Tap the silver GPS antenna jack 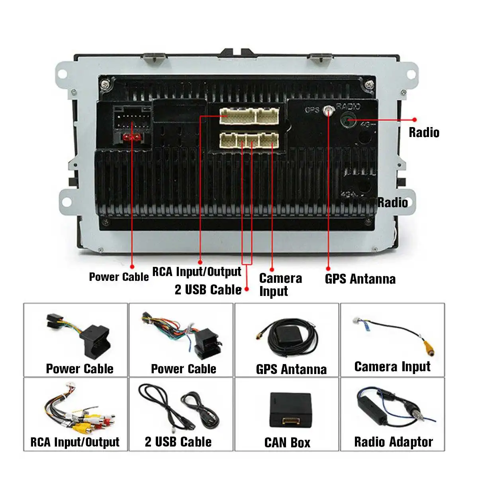click(329, 111)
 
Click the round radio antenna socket click(347, 119)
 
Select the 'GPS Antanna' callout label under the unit click(360, 279)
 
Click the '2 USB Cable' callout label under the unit click(208, 290)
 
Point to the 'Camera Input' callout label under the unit click(280, 285)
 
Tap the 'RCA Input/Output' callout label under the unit click(197, 271)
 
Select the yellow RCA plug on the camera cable click(429, 348)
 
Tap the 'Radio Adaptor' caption click(394, 442)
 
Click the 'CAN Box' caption click(287, 443)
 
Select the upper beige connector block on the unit click(249, 116)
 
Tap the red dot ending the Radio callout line click(415, 119)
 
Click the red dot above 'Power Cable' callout click(132, 266)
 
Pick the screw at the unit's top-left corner click(106, 84)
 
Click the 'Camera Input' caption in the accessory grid click(392, 367)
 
